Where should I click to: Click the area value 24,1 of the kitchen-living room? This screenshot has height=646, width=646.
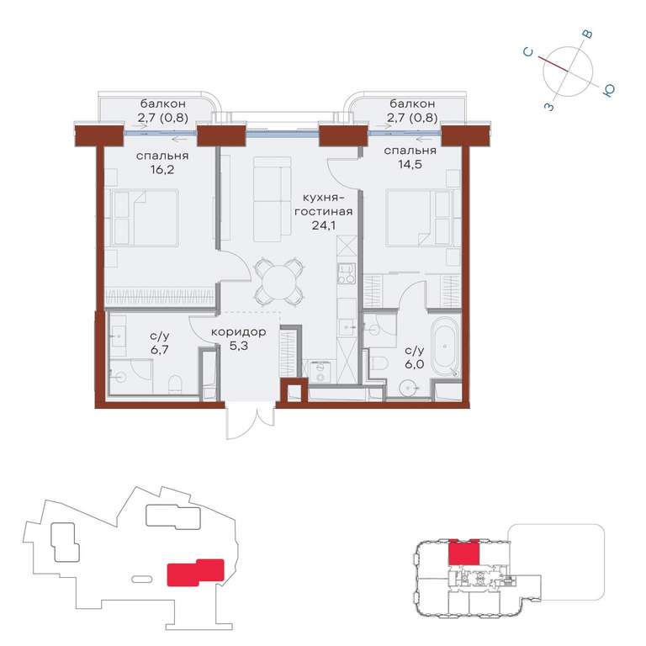323,225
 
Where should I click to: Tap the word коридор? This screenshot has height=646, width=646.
239,332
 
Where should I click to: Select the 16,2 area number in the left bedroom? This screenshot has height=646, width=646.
162,169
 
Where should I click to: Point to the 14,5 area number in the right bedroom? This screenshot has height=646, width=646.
410,164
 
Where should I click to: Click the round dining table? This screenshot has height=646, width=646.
280,283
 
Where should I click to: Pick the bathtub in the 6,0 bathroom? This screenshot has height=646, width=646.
446,346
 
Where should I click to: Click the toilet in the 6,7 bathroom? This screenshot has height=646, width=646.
175,384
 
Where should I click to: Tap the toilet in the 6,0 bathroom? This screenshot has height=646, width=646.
379,363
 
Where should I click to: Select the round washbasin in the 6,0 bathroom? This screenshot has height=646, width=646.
408,388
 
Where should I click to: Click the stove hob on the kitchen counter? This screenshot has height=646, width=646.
347,273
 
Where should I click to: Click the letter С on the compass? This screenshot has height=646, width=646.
528,52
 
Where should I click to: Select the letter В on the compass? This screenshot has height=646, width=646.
588,34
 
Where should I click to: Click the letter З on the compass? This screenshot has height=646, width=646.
549,107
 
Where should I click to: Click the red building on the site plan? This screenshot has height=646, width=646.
195,572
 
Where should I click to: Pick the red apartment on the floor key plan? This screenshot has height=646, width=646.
464,552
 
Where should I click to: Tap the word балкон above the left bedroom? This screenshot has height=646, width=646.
162,103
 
